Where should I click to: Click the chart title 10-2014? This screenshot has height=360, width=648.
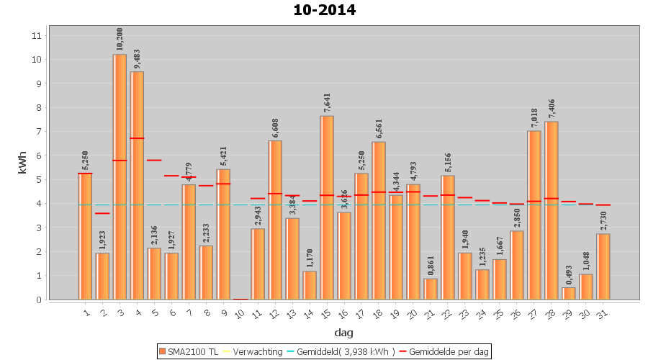click(324, 10)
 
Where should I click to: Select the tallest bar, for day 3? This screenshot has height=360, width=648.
click(120, 176)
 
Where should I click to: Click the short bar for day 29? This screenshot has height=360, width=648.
click(569, 293)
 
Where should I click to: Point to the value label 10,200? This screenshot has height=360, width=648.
click(120, 40)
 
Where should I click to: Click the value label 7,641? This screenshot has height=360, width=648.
click(327, 103)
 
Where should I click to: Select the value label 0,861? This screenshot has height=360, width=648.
click(431, 266)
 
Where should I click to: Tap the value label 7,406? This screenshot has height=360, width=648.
click(552, 109)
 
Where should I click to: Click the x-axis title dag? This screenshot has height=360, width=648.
click(343, 333)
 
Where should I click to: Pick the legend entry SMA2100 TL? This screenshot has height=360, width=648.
click(189, 351)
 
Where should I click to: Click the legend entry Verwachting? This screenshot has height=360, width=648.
click(251, 351)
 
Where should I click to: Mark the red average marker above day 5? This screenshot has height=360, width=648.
click(154, 160)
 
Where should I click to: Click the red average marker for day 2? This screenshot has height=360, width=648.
click(102, 213)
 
